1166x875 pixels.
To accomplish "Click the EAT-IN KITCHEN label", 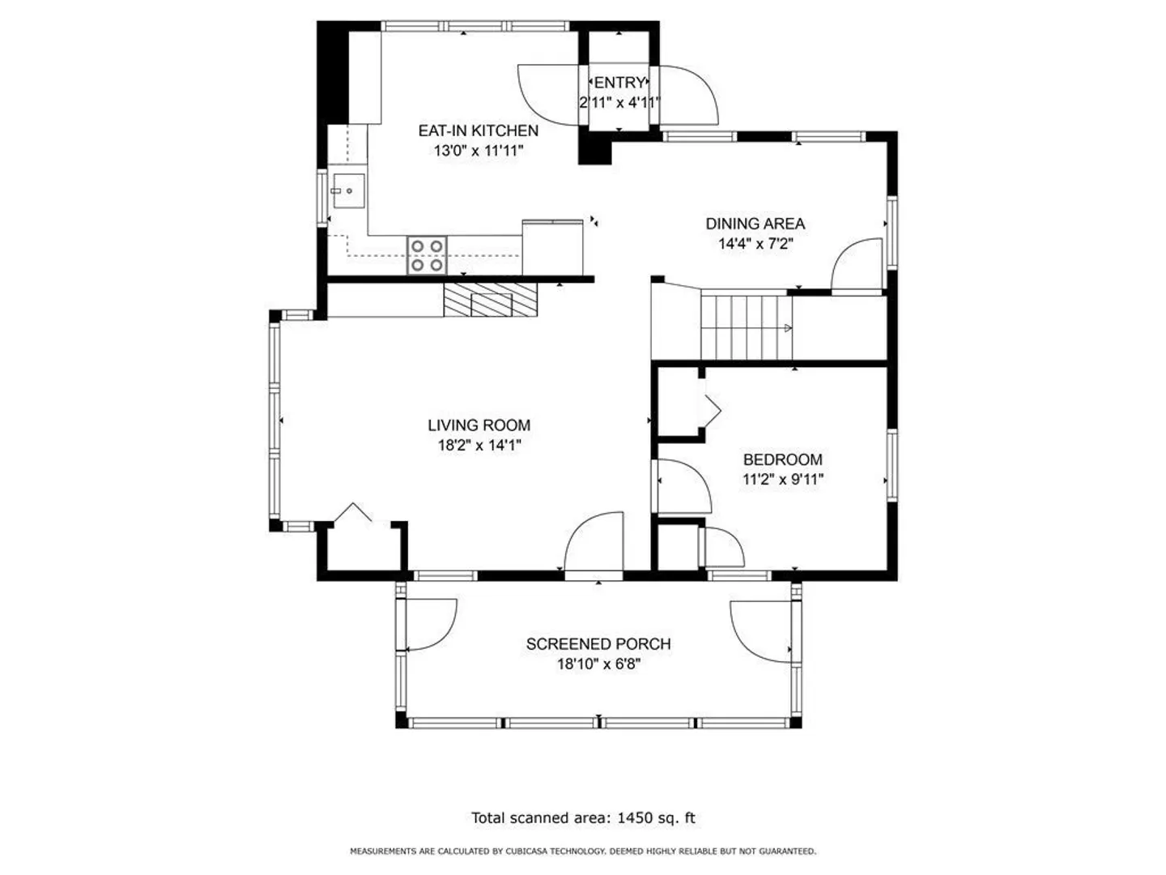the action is (478, 130).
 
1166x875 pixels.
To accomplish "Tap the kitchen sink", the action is (348, 190).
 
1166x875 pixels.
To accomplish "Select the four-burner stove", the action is (427, 255).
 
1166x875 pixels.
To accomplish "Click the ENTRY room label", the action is (619, 83).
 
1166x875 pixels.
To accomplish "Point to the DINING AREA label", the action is (755, 224).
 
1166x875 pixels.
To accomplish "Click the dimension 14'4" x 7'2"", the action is (755, 244).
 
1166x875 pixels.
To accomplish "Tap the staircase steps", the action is (747, 328).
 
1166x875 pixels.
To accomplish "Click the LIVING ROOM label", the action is (479, 425).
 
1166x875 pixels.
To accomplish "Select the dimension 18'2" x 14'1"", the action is (479, 446).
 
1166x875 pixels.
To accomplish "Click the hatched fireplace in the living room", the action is (491, 300).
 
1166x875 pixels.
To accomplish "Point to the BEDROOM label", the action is (782, 459).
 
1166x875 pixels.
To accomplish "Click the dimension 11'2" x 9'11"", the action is (782, 480).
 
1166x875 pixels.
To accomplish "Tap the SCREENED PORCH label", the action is (598, 644).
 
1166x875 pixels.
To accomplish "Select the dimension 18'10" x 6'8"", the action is (598, 664).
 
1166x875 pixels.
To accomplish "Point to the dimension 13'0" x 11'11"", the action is (478, 151).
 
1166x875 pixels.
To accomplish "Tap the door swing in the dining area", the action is (856, 264).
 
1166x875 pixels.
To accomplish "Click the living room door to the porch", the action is (594, 544).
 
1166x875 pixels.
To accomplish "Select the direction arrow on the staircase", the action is (788, 328).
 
